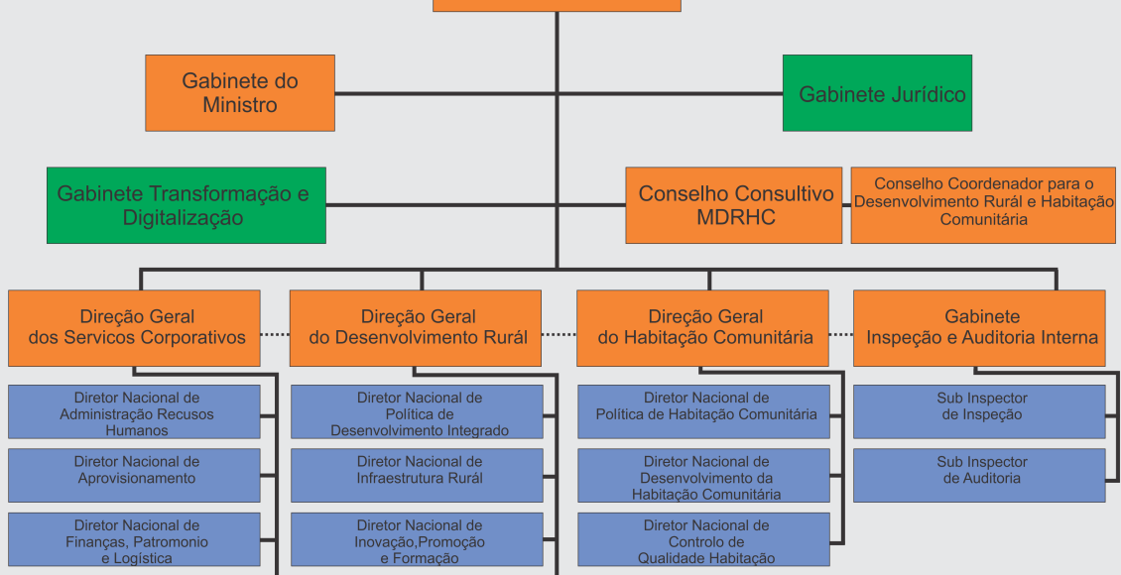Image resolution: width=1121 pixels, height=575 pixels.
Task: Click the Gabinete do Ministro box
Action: [240, 93]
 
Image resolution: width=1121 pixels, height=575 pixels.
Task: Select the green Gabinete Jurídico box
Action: [877, 93]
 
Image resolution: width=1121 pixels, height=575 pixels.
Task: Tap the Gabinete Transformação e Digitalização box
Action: [186, 205]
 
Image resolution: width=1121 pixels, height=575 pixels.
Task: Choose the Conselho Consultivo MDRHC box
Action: [735, 205]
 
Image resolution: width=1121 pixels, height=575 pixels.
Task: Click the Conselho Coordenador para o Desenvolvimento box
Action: [982, 205]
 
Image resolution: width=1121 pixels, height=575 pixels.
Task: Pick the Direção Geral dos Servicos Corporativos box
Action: [134, 327]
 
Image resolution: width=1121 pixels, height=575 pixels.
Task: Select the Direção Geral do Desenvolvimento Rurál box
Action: [416, 327]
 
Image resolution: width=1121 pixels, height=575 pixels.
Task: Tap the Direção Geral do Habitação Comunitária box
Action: [702, 327]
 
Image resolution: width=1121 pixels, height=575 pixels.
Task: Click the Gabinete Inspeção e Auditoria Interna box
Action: [979, 327]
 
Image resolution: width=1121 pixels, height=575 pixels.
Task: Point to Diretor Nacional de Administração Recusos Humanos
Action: [135, 412]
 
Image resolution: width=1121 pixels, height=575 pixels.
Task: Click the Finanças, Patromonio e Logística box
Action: [135, 540]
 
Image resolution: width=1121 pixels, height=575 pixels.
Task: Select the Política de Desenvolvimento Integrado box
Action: [417, 412]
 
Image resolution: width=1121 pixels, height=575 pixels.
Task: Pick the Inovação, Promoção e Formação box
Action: [417, 540]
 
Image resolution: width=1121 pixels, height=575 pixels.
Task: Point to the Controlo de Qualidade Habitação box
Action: [704, 540]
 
